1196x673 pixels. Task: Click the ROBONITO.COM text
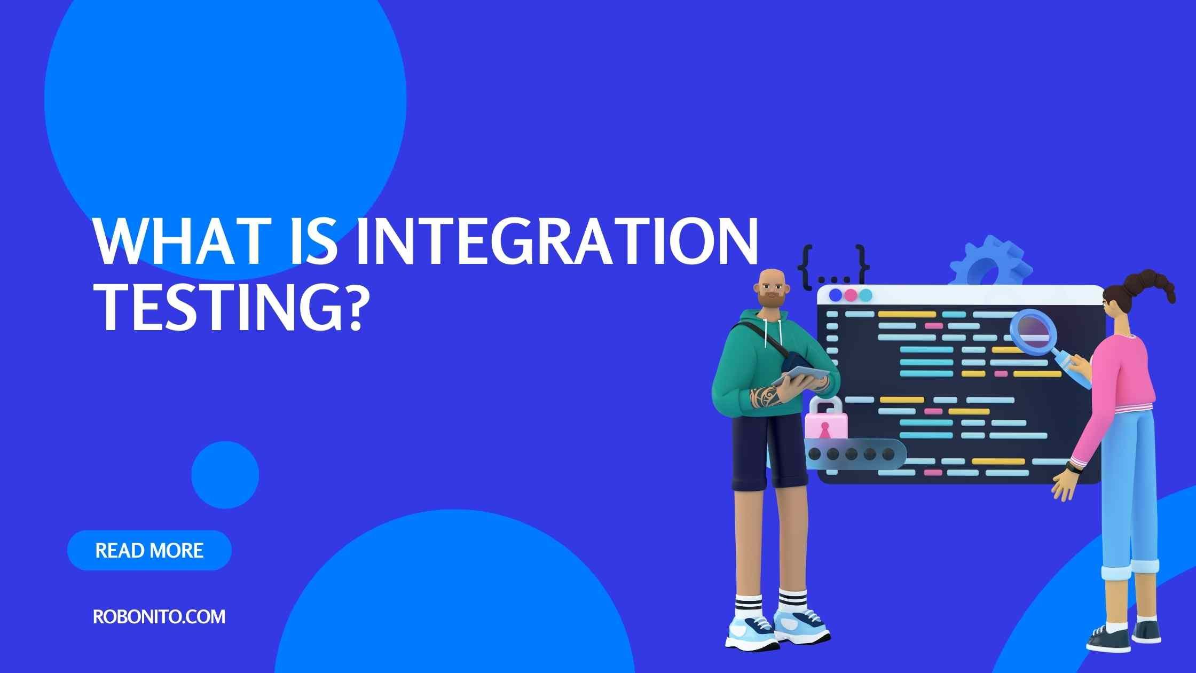pos(159,617)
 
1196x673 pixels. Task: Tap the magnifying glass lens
pos(1034,332)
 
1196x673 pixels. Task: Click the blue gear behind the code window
pos(990,264)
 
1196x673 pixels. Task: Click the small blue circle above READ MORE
pos(225,475)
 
